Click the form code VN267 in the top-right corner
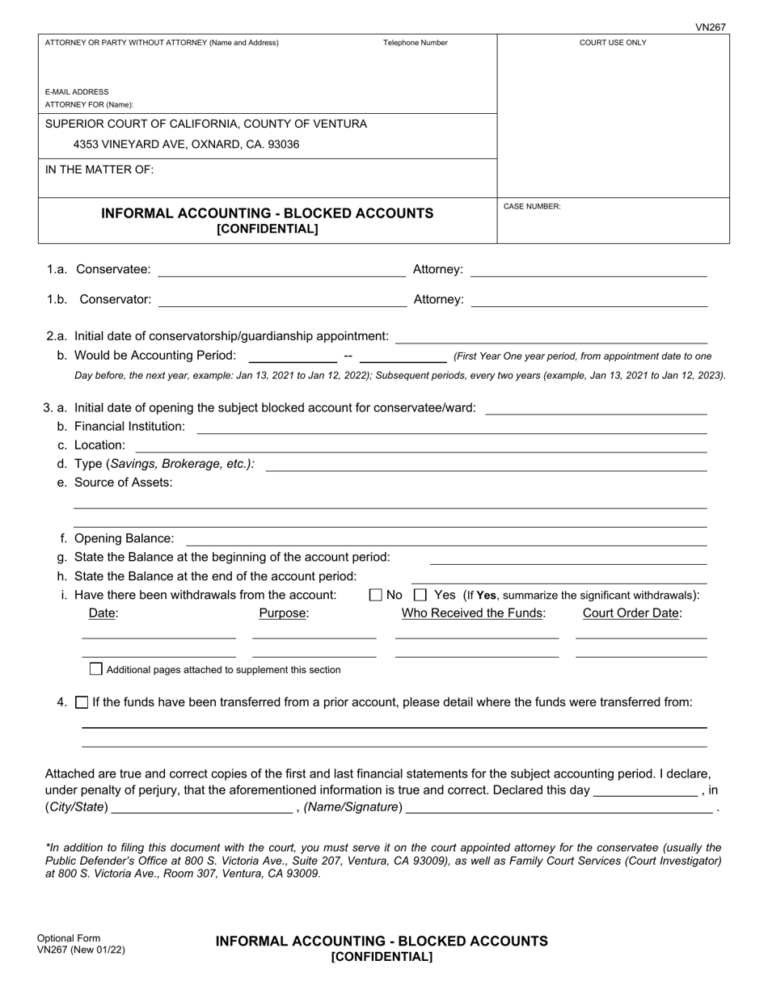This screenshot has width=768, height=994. pyautogui.click(x=711, y=27)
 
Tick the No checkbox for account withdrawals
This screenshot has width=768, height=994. pyautogui.click(x=375, y=595)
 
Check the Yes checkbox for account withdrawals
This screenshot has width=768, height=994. pyautogui.click(x=420, y=595)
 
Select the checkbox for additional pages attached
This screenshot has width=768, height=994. pyautogui.click(x=96, y=669)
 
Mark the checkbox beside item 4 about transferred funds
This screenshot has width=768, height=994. pyautogui.click(x=82, y=702)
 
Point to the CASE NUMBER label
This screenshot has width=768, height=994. pyautogui.click(x=531, y=207)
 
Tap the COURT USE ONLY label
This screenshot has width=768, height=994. pyautogui.click(x=613, y=43)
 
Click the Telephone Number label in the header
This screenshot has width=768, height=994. pyautogui.click(x=415, y=43)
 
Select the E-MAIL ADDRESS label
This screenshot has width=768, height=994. pyautogui.click(x=77, y=92)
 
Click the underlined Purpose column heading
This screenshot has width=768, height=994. pyautogui.click(x=284, y=613)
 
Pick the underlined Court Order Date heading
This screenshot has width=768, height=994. pyautogui.click(x=631, y=613)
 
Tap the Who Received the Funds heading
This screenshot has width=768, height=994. pyautogui.click(x=474, y=613)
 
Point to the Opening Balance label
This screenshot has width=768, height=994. pyautogui.click(x=124, y=538)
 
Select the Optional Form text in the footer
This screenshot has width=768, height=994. pyautogui.click(x=69, y=938)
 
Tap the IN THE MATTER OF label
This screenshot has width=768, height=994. pyautogui.click(x=99, y=170)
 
